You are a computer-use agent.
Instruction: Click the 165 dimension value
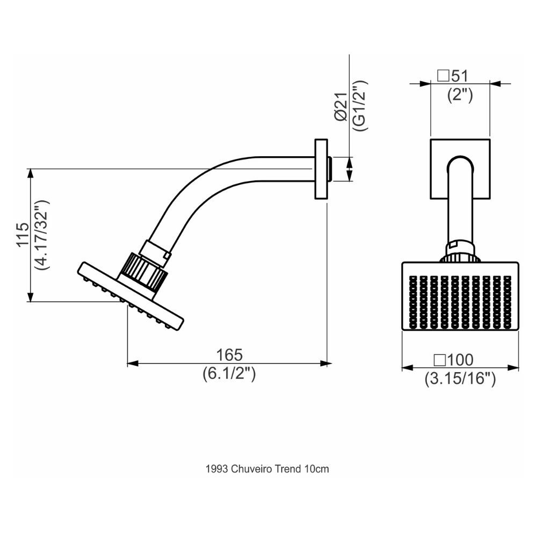coord(229,355)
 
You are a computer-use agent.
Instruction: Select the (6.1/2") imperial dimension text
coord(229,373)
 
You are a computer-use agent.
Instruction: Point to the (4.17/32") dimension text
coord(41,234)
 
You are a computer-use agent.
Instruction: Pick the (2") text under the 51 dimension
coord(460,95)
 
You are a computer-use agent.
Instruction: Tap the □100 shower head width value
coord(454,360)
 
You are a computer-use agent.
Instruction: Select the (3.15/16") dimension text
coord(460,379)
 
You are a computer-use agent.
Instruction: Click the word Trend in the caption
coord(288,469)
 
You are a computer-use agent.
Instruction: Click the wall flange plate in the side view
coord(321,169)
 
